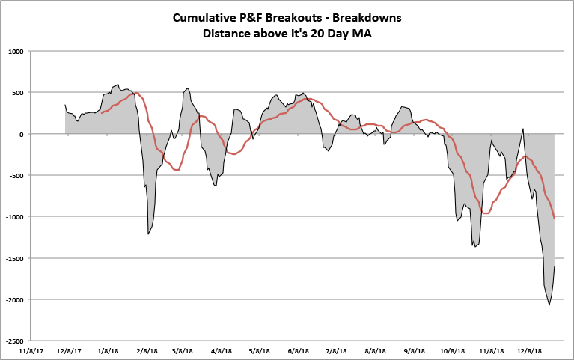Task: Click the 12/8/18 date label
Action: pyautogui.click(x=529, y=350)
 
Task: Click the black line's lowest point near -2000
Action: pyautogui.click(x=549, y=305)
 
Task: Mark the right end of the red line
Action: pyautogui.click(x=554, y=219)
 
